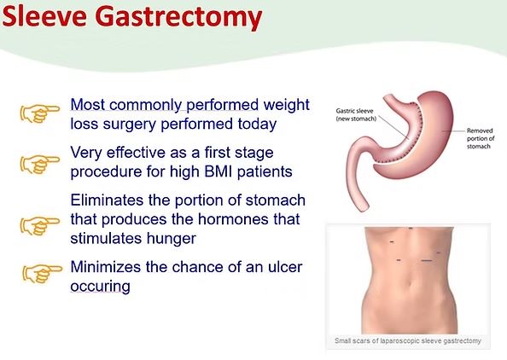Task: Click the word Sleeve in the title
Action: click(42, 17)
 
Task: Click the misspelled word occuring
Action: click(100, 287)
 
